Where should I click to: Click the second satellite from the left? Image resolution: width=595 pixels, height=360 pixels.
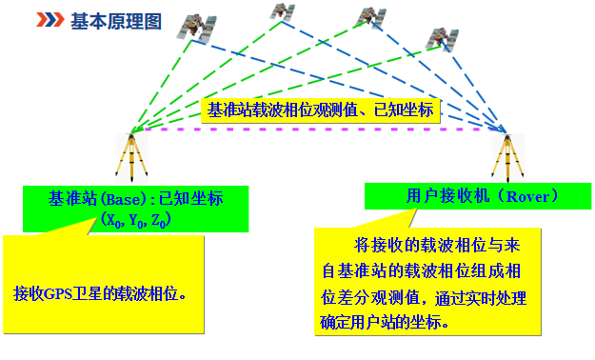click(x=281, y=11)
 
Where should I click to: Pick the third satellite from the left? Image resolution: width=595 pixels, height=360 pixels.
click(x=368, y=17)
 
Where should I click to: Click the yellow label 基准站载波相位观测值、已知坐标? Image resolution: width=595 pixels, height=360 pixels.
click(x=321, y=110)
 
